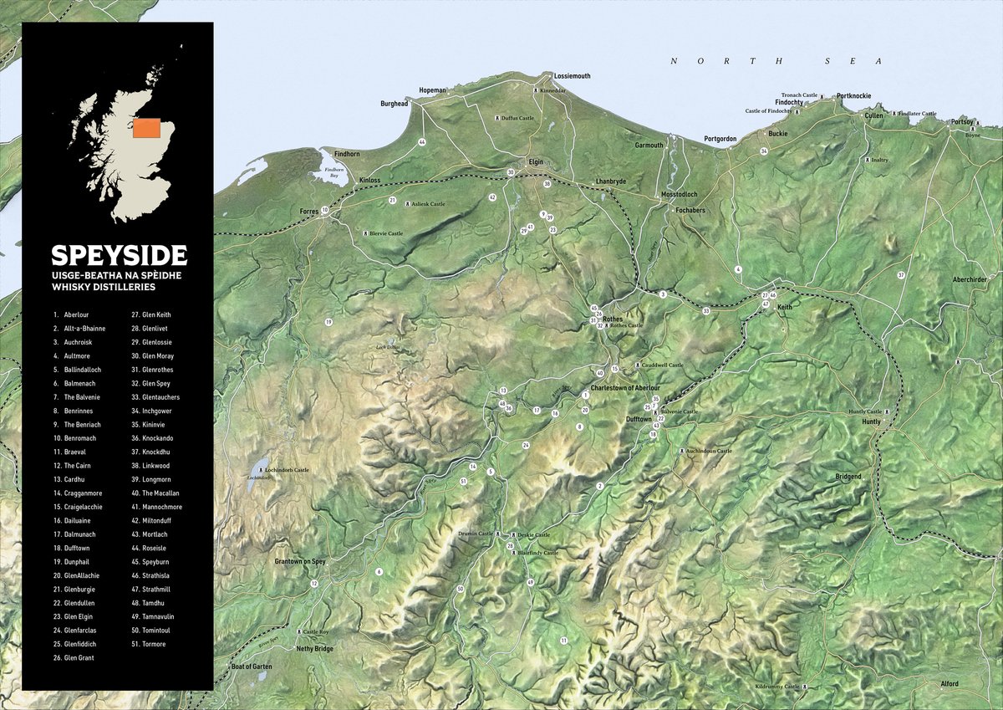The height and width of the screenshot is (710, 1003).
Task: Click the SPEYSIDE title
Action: pos(119,255)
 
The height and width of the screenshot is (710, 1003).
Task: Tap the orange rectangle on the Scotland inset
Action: pos(147,127)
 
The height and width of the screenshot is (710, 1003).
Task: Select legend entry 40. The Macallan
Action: pos(160,493)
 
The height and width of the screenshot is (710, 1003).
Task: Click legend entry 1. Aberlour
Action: pos(70,314)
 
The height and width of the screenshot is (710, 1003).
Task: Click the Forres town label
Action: pos(309,212)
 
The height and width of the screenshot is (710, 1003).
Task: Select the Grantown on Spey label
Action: pos(299,561)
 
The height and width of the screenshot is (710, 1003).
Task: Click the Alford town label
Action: pos(949,684)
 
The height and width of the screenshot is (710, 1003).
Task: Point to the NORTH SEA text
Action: pos(776,61)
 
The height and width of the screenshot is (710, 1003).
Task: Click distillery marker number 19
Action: pos(328,322)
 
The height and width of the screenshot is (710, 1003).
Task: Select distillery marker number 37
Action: pos(901,275)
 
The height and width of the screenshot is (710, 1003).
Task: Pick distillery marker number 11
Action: pos(563,641)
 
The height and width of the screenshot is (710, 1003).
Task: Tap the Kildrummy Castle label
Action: pos(777,686)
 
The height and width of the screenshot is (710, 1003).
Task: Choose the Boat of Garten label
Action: pos(252,666)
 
